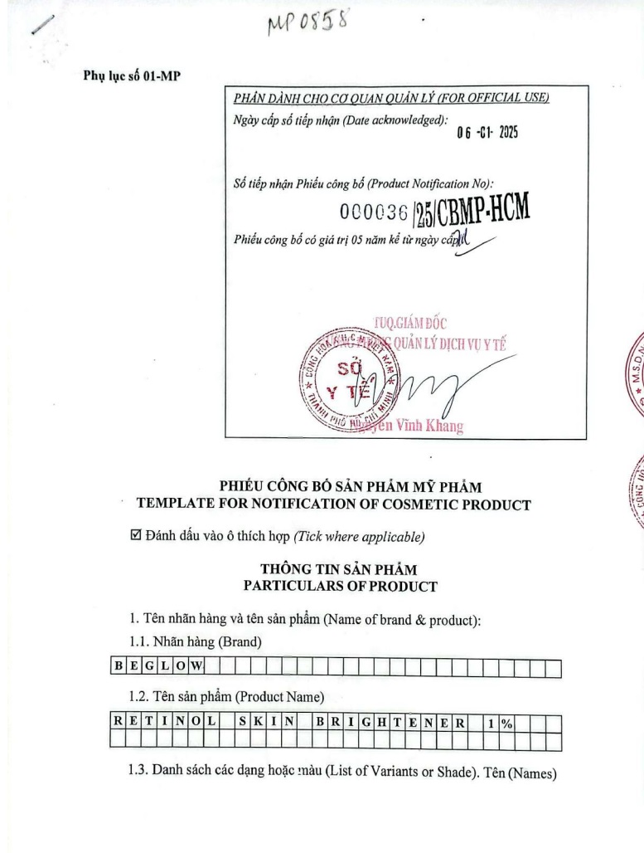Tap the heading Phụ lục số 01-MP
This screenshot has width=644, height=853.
(x=133, y=76)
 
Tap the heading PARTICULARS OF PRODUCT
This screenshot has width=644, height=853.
(x=340, y=586)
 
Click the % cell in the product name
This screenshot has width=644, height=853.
(x=506, y=723)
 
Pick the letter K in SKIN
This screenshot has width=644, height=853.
(x=258, y=723)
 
